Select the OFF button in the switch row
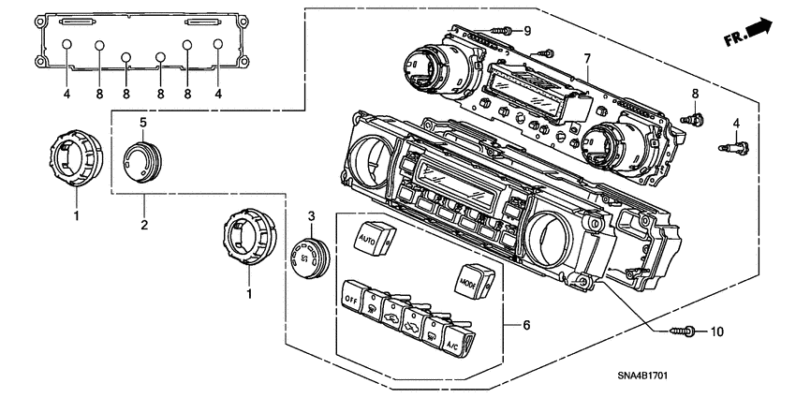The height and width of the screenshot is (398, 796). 351,298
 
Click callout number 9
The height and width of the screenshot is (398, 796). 526,31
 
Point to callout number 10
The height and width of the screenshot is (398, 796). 718,332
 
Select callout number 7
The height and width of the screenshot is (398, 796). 587,59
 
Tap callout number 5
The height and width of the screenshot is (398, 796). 143,122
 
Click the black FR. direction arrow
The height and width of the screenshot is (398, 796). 761,32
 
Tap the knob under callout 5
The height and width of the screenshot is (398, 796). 142,160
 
